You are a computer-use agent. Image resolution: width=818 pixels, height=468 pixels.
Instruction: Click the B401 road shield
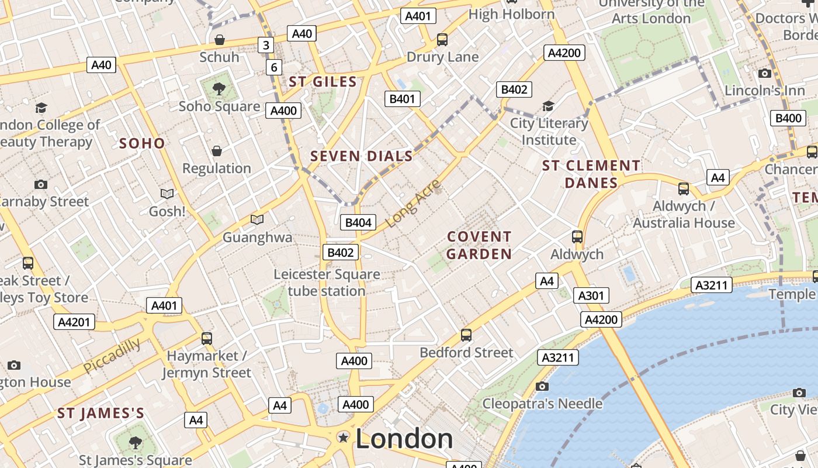point(403,98)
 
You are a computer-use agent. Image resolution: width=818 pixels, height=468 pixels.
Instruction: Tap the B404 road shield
point(358,222)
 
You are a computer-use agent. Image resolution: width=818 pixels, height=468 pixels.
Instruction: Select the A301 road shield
point(591,295)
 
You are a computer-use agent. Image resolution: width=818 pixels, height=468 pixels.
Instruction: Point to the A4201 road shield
point(74,322)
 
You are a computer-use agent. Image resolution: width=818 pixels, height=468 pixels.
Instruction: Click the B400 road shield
point(788,118)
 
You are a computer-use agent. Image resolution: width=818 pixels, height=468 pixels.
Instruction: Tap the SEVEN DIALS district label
point(362,156)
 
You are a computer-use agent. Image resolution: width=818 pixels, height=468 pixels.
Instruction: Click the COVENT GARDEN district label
point(479,245)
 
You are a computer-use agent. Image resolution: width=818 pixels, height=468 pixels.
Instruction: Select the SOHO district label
point(142,143)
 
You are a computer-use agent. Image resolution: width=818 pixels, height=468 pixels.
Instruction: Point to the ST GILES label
point(323,82)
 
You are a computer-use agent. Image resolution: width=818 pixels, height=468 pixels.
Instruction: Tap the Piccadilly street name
point(112,356)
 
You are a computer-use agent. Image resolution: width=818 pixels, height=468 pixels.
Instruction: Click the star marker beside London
point(344,438)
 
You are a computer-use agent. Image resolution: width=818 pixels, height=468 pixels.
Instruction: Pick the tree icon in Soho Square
point(219,89)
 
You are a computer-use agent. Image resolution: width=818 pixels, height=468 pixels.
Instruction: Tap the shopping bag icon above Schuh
point(220,40)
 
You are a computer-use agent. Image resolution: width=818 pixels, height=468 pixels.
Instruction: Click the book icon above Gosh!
point(167,194)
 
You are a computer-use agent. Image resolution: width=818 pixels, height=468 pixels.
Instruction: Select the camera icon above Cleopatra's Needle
point(542,386)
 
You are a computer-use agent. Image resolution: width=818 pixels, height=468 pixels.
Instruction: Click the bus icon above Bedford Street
point(466,335)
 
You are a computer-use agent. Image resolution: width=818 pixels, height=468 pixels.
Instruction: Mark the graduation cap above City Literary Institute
point(548,106)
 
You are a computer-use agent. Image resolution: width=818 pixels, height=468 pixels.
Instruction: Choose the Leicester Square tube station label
point(327,283)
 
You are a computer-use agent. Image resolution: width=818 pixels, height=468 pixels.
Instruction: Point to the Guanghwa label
point(257,238)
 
